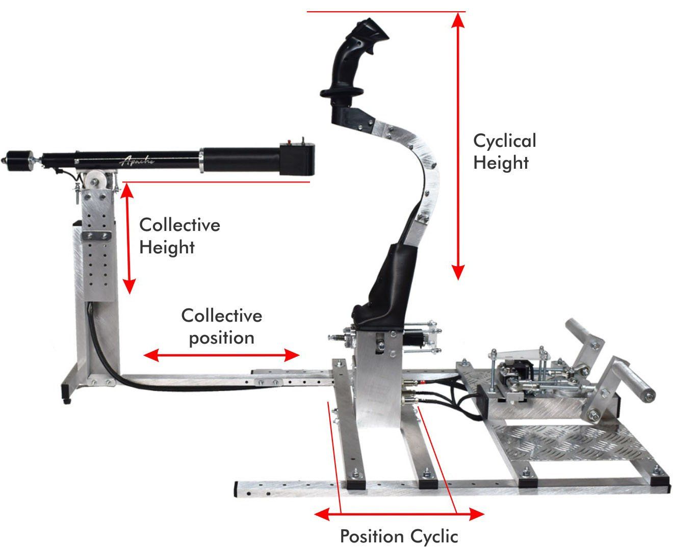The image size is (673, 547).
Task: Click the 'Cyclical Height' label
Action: [504, 152]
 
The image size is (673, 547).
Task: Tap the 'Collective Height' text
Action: [179, 236]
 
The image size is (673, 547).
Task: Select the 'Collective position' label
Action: [221, 327]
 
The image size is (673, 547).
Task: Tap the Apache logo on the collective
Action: [137, 161]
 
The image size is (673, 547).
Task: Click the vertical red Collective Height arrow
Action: [128, 239]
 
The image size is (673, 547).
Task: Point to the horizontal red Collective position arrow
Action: [221, 355]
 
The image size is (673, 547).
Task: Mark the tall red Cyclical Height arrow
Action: [458, 146]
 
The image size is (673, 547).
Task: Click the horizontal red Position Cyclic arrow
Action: [399, 514]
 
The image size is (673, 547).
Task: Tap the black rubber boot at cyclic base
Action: [384, 288]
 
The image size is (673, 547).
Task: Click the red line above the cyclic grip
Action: [386, 12]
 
